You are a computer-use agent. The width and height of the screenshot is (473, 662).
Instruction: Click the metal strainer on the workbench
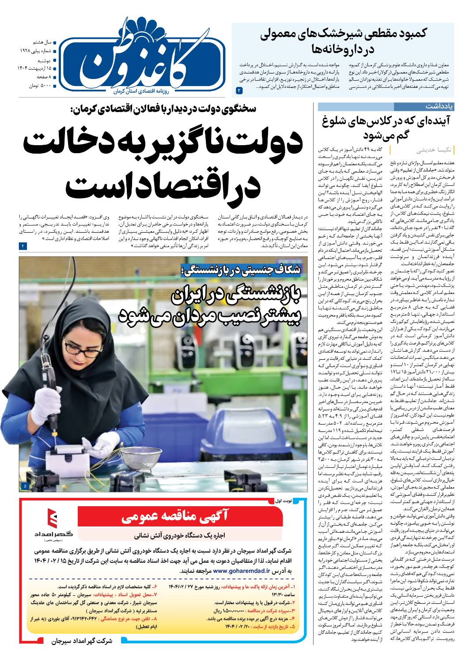click(x=142, y=459)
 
